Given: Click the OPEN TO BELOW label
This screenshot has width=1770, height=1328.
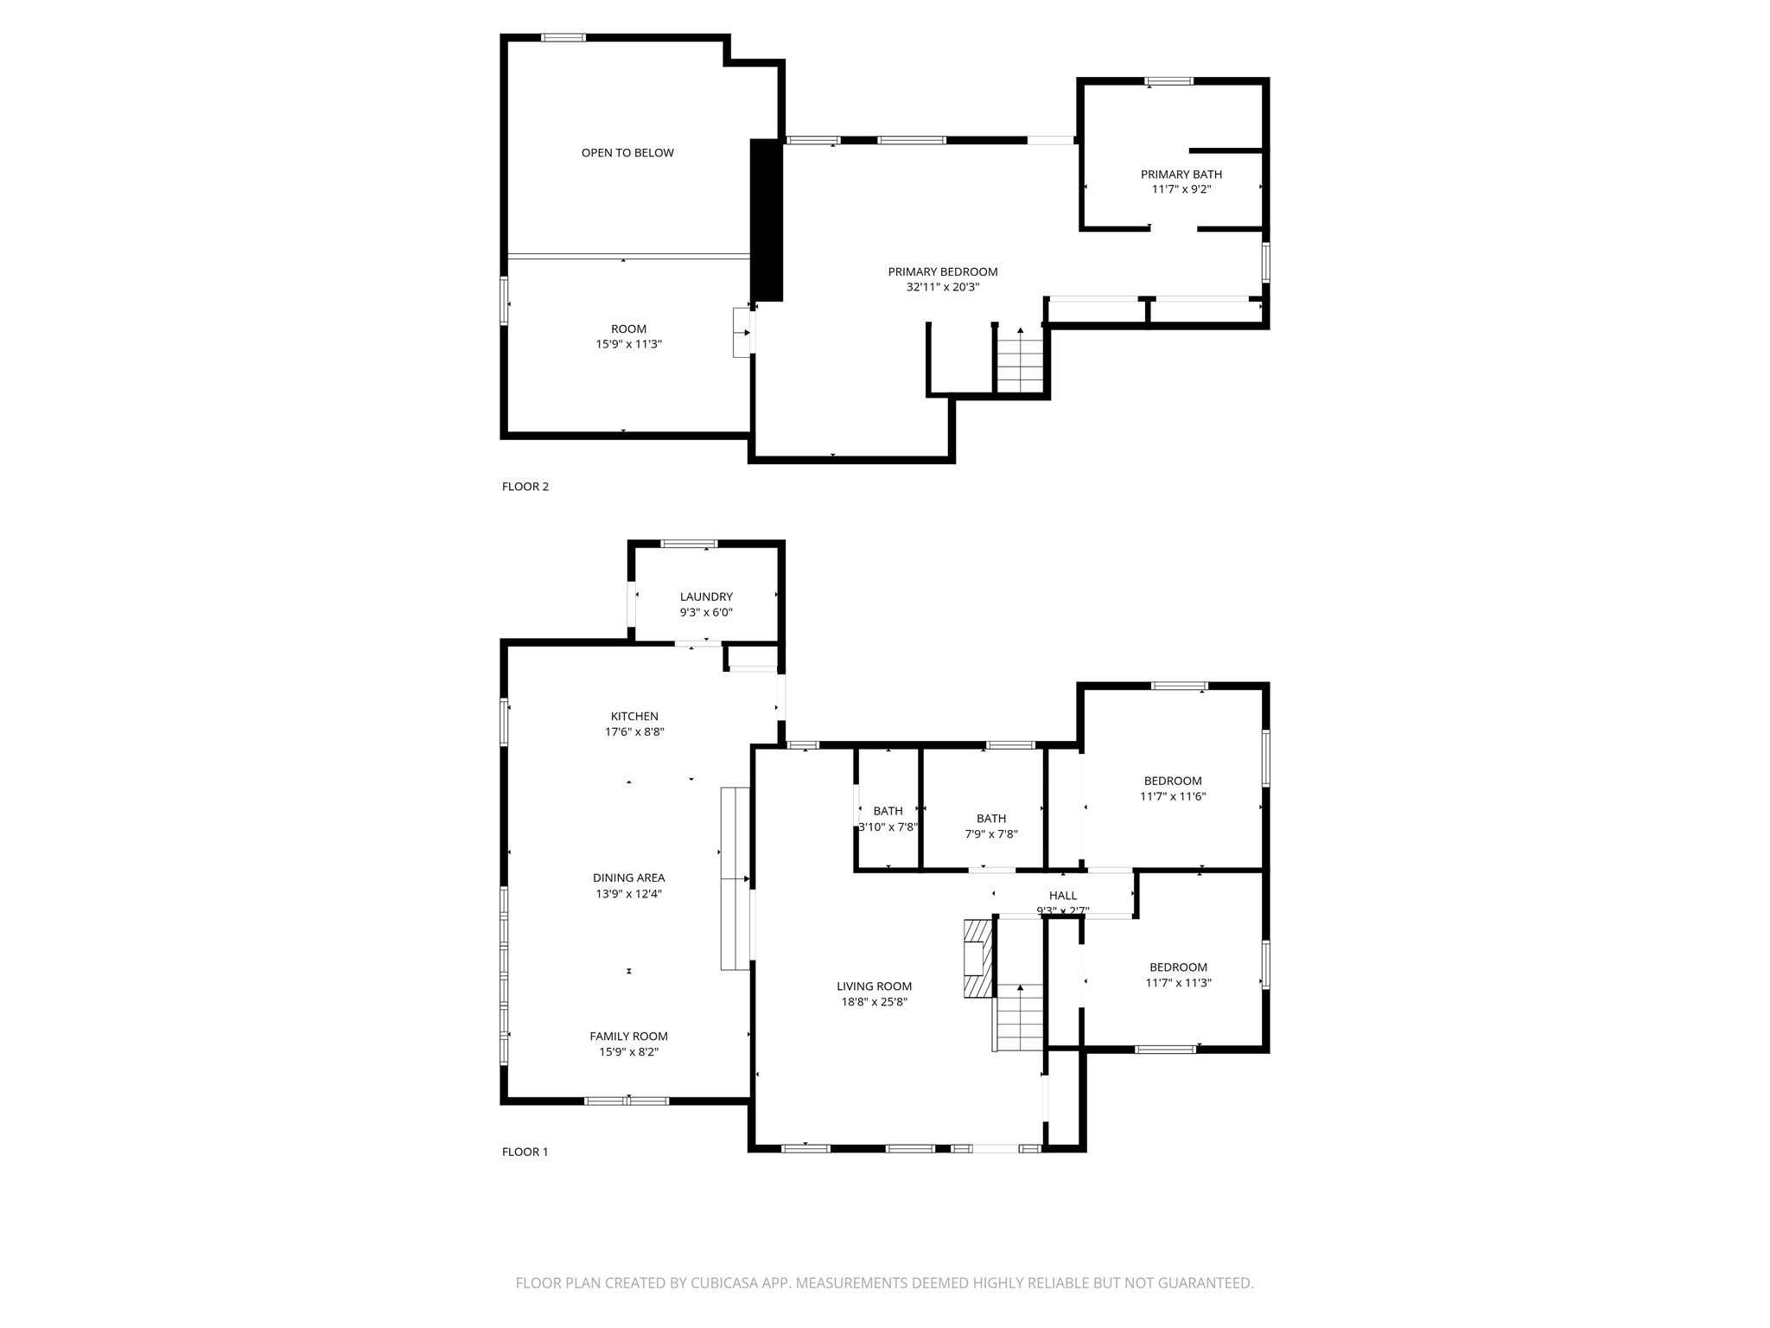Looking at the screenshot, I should point(627,153).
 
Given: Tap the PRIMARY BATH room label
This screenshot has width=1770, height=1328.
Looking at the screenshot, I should point(1181,175).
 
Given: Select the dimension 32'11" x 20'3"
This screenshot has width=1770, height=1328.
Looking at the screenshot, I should point(942,288).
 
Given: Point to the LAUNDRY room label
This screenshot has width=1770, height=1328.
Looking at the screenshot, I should point(706,597).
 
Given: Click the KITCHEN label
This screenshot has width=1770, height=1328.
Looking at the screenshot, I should point(634,716).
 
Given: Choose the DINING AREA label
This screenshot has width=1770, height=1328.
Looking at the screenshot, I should point(628,878).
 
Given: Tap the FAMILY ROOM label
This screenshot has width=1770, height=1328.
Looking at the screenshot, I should point(628,1036).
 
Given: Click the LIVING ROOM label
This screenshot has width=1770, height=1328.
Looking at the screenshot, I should point(874,986).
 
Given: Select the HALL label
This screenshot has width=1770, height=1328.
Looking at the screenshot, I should point(1062,896).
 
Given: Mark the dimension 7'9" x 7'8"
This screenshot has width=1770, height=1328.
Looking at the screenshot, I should point(991,834).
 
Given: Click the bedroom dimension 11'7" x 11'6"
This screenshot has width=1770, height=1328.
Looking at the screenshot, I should point(1173,796).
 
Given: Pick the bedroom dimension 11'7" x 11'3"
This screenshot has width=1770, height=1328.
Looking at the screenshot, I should point(1178,983).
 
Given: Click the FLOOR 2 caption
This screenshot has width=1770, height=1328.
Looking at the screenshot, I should point(525,487).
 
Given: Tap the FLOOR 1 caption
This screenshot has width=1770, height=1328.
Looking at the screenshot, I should point(525,1152).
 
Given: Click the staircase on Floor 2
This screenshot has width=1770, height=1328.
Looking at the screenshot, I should point(1021,363).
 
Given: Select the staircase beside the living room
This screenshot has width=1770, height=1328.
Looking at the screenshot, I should point(1020,1018).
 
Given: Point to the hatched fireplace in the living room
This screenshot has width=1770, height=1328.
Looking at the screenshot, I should point(977,958).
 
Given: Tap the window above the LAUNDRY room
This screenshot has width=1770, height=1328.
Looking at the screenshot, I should point(689,544).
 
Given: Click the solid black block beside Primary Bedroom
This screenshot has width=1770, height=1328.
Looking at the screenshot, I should point(766,220).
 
